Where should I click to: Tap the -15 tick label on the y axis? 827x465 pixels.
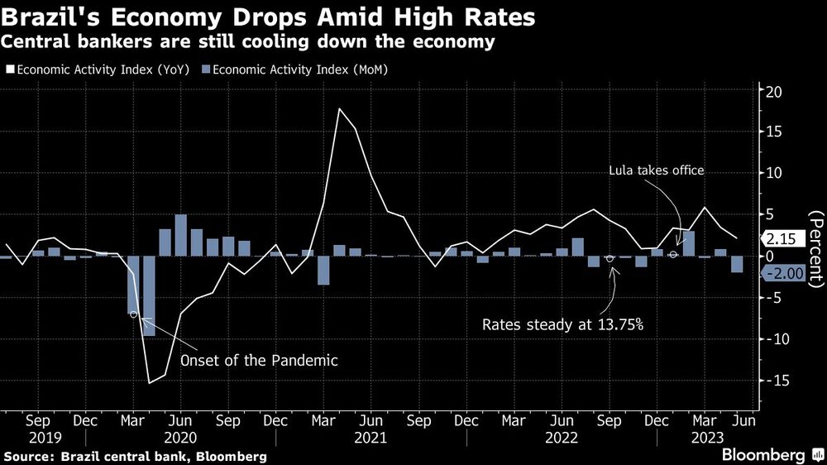[x=774, y=381]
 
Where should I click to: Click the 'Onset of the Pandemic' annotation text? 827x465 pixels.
[x=260, y=362]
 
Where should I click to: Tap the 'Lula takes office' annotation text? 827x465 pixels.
[x=657, y=170]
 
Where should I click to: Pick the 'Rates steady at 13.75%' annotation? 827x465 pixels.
[x=562, y=324]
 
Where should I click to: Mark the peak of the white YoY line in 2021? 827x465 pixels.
[x=339, y=109]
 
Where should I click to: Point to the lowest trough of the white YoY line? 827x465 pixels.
[x=150, y=381]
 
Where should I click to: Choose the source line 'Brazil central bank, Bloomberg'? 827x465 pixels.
[x=136, y=456]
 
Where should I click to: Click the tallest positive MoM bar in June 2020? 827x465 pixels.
[x=180, y=235]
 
